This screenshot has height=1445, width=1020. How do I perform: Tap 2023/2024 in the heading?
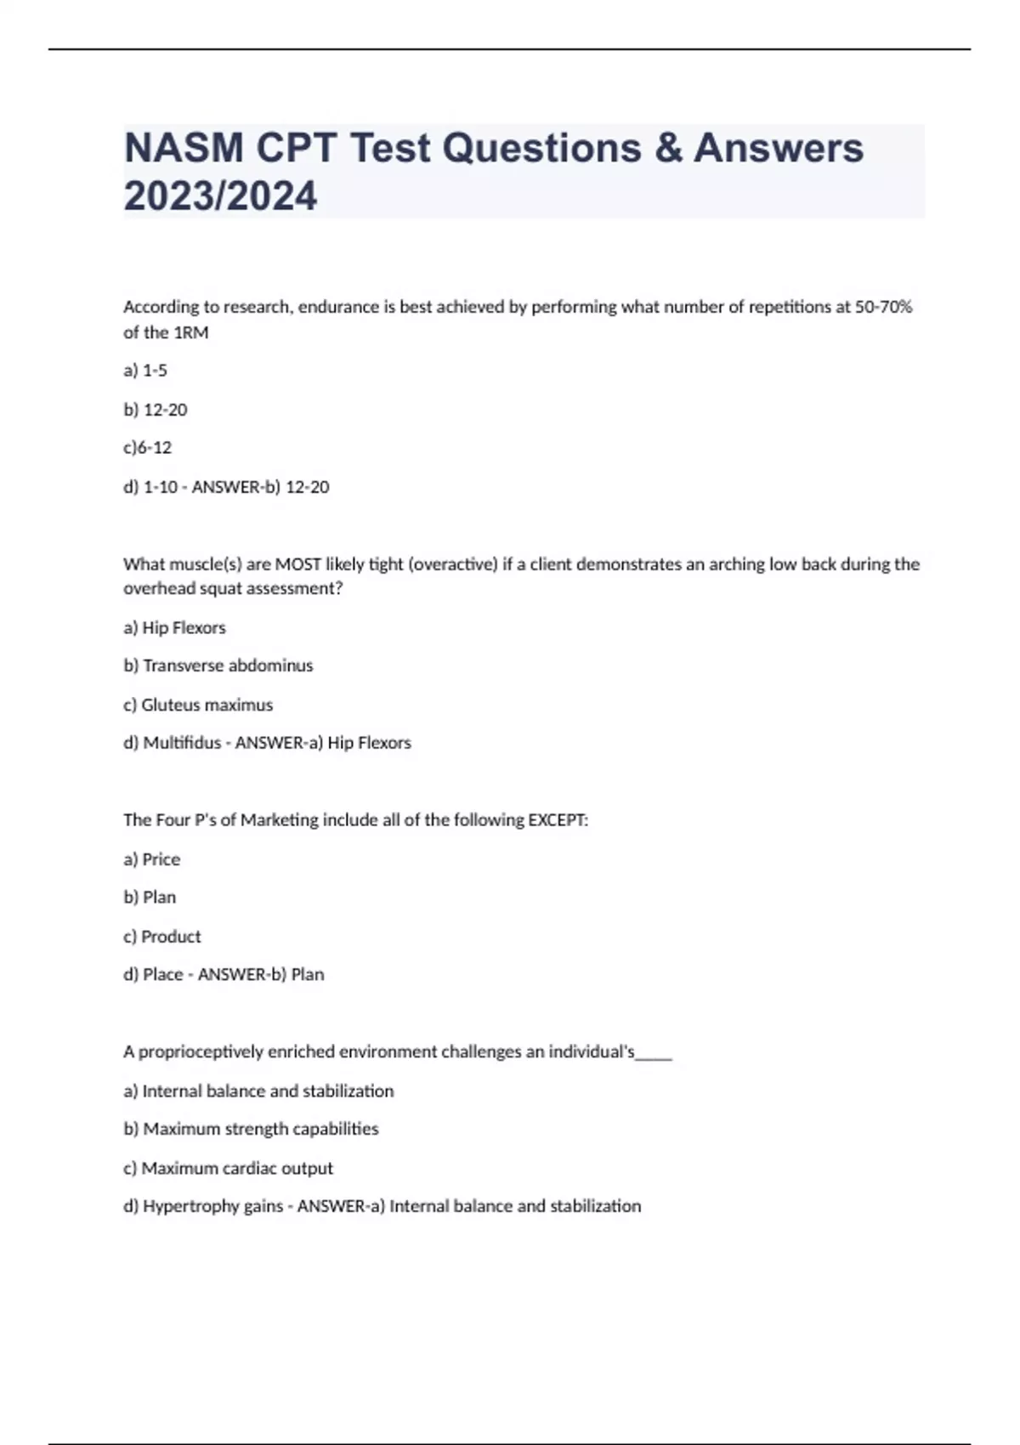(x=220, y=196)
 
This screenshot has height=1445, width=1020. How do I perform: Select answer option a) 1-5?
(x=145, y=371)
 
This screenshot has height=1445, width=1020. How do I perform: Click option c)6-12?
(x=147, y=447)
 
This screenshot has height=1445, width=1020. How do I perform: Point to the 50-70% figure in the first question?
(x=883, y=307)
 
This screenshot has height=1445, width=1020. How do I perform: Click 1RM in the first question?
(x=190, y=332)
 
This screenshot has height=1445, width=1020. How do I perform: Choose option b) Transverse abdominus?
(x=218, y=666)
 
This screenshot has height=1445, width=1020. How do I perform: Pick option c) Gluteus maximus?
(x=198, y=705)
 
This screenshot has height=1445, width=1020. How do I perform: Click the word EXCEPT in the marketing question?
(x=558, y=820)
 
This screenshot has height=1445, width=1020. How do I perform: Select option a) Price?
(x=151, y=859)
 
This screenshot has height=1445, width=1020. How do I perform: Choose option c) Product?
(x=162, y=937)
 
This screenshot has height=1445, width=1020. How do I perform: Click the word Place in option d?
(x=163, y=975)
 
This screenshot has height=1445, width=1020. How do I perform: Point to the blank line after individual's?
(x=654, y=1054)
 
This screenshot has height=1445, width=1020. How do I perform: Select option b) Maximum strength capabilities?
(x=251, y=1129)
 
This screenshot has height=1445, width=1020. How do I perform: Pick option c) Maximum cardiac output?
(x=228, y=1168)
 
